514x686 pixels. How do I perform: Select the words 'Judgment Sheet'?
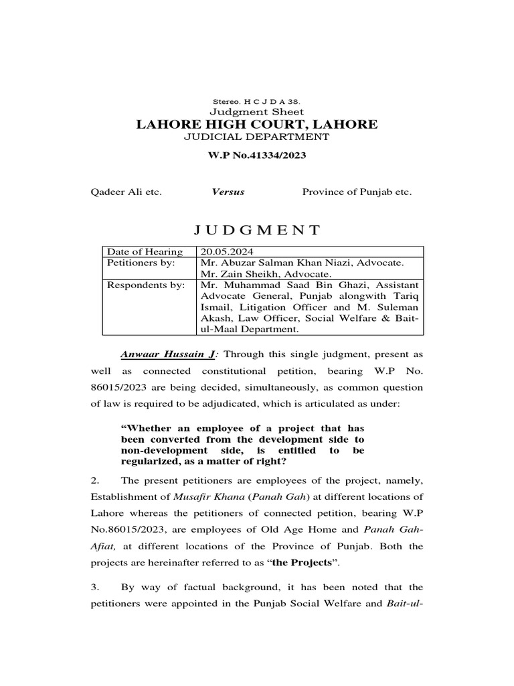pos(257,112)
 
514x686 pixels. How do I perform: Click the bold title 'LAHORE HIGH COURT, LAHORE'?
pos(257,125)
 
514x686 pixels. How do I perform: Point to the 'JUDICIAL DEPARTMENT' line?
pos(257,137)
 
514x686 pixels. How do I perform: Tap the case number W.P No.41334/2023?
pos(257,155)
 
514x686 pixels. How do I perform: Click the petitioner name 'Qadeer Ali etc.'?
pos(126,192)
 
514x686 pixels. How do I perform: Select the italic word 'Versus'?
pos(228,192)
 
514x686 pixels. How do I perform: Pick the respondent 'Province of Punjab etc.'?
pos(357,192)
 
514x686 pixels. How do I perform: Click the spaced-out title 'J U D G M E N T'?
pos(257,231)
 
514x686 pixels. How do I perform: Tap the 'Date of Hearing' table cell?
pos(145,252)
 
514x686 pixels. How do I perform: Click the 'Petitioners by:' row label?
pos(141,263)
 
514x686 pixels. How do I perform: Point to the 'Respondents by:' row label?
pos(145,285)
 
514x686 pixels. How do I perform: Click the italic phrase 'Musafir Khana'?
pos(203,498)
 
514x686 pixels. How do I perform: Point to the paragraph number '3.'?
pos(95,588)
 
